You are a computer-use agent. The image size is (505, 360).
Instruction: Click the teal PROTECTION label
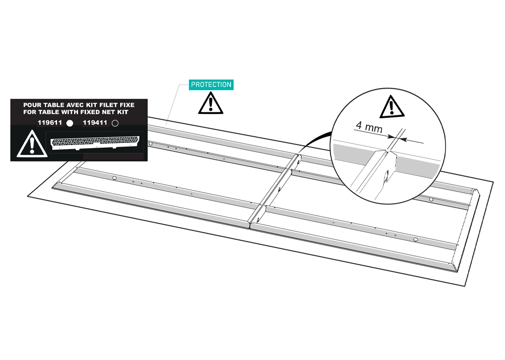click(211, 84)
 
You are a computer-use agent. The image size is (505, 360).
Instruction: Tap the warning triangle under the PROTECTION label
click(211, 103)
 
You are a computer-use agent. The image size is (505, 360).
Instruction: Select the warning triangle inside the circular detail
click(392, 107)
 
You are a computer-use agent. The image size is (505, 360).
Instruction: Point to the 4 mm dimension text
click(369, 127)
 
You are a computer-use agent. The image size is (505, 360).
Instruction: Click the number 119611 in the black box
click(50, 123)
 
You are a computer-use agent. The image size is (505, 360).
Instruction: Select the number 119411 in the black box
click(95, 123)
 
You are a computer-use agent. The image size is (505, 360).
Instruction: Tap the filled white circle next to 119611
click(69, 123)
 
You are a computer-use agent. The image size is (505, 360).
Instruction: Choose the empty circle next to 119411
click(115, 123)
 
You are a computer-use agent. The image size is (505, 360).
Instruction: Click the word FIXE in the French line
click(128, 105)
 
